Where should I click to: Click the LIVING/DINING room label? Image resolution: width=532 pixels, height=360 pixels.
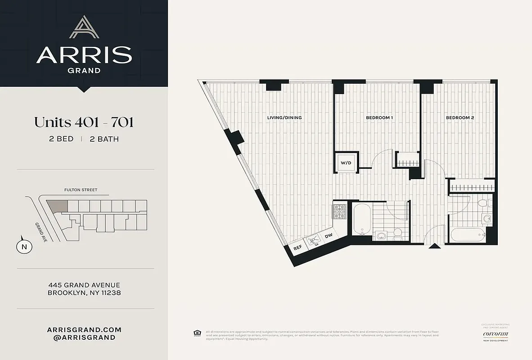click(x=284, y=118)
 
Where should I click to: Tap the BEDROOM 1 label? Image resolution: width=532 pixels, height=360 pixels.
click(x=379, y=118)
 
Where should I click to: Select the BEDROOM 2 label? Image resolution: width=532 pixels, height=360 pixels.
click(x=460, y=118)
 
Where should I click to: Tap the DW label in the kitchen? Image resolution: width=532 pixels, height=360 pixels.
click(x=329, y=236)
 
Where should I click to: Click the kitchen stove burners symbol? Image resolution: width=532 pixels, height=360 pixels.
click(x=338, y=211)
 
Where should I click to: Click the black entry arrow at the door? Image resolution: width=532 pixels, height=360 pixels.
click(x=435, y=246)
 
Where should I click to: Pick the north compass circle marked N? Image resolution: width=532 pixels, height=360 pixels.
click(x=24, y=246)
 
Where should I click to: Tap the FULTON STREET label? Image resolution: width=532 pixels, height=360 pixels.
click(x=81, y=190)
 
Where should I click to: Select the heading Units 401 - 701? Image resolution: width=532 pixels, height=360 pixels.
click(x=84, y=122)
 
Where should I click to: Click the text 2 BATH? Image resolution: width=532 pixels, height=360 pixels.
click(x=104, y=139)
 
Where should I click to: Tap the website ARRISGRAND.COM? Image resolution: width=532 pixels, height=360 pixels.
click(x=84, y=329)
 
